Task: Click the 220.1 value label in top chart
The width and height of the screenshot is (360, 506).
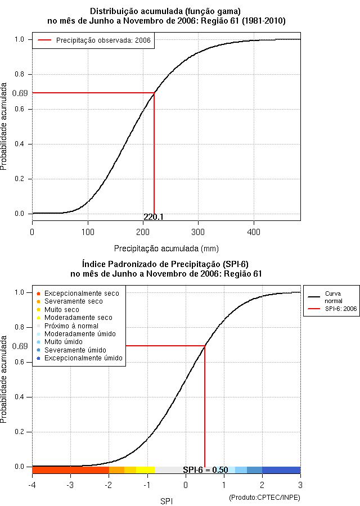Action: (x=154, y=217)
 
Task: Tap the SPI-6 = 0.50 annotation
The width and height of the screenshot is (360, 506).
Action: (x=205, y=470)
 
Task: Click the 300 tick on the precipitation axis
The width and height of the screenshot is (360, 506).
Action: (x=198, y=232)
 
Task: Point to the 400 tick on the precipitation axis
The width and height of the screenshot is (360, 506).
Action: (x=254, y=232)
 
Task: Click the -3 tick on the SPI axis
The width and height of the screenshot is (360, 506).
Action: (x=70, y=485)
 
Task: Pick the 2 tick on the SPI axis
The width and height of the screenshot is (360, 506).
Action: (x=262, y=485)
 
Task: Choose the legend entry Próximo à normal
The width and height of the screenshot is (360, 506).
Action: (x=67, y=326)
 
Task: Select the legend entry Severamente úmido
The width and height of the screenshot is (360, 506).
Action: (x=71, y=350)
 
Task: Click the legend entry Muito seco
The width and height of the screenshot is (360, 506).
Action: (x=58, y=309)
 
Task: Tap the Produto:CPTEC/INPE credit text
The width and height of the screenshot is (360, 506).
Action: (x=265, y=498)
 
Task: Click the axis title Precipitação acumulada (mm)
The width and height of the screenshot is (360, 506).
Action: (x=166, y=249)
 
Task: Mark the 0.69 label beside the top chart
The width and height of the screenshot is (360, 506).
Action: (x=20, y=93)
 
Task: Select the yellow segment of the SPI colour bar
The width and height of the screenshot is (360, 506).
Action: (x=145, y=470)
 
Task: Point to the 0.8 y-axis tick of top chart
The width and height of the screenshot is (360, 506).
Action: (x=19, y=74)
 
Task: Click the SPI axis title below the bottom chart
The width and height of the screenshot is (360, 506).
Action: (x=166, y=501)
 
